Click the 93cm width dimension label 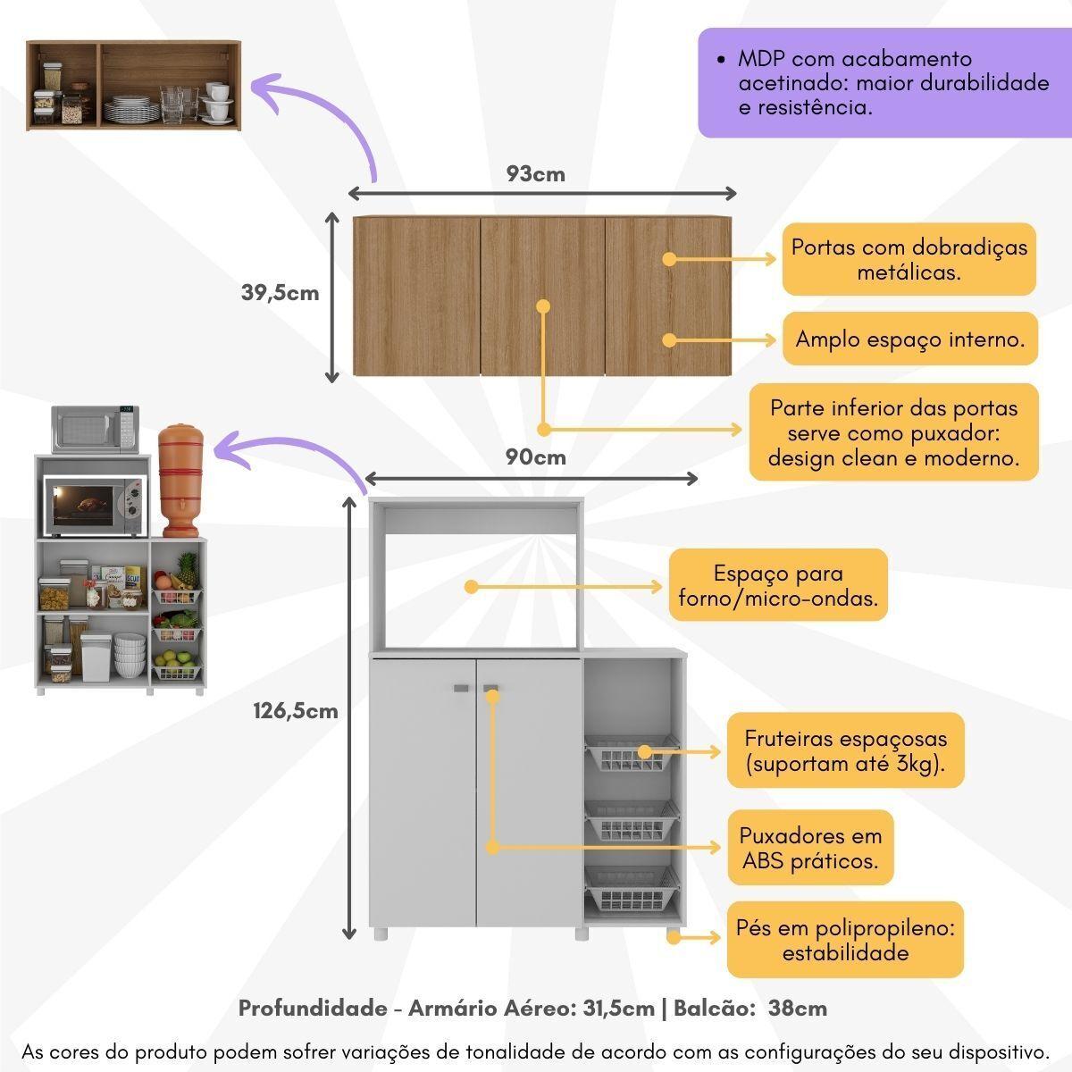(536, 173)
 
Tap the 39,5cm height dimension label (280, 292)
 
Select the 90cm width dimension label (536, 457)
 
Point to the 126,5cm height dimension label (296, 711)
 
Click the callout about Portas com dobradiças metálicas (909, 259)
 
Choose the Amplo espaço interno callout (909, 339)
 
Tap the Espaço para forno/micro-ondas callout (778, 586)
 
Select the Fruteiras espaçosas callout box (845, 750)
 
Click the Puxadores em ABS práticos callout (810, 849)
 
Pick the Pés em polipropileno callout (845, 940)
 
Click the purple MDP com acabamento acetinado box (884, 83)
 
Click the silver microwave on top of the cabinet (95, 429)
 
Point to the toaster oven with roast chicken (93, 504)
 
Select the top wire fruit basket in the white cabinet (631, 755)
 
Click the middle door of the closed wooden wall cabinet (542, 296)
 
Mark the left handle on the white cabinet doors (461, 689)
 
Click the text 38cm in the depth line (797, 1009)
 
